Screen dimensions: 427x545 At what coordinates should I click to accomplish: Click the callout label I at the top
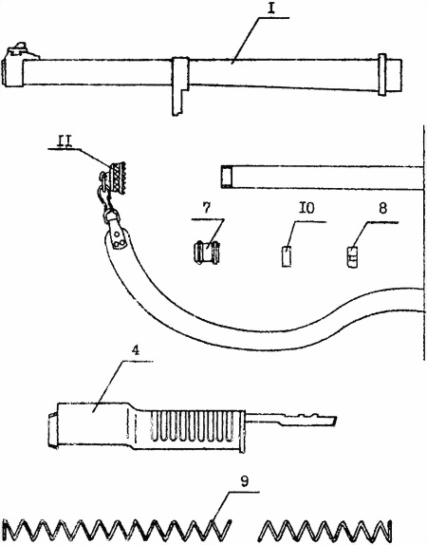point(271,9)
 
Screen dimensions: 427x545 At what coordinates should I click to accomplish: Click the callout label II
point(65,141)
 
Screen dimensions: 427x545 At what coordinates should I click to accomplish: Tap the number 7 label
point(206,208)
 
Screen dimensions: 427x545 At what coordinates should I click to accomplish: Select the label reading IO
point(307,208)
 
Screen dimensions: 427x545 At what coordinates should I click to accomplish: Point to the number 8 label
point(382,208)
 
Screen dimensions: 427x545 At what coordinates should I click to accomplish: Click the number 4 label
point(136,350)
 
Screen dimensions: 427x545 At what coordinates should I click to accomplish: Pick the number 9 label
point(245,481)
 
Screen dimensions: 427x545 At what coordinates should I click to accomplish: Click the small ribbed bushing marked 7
point(206,253)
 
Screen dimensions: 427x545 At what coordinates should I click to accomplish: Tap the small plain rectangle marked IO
point(287,256)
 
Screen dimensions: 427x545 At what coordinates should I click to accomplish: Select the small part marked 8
point(352,257)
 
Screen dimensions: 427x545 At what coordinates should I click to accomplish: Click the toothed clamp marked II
point(117,178)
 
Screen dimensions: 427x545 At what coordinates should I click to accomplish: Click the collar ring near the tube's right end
point(382,75)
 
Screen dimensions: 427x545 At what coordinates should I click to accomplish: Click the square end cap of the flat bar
point(227,177)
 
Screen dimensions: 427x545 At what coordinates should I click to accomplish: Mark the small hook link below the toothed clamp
point(104,197)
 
